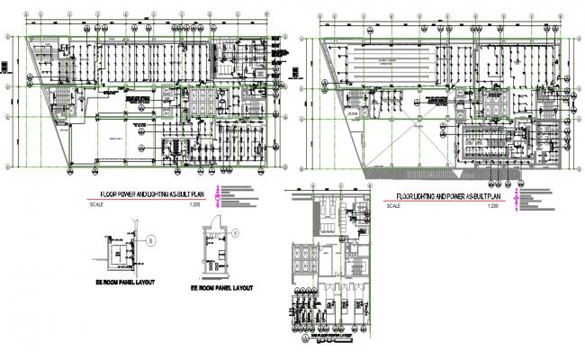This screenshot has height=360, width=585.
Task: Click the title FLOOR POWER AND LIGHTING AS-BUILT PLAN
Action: (x=152, y=193)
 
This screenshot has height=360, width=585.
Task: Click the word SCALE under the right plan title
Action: (x=391, y=208)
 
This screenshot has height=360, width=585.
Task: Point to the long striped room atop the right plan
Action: (x=397, y=66)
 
